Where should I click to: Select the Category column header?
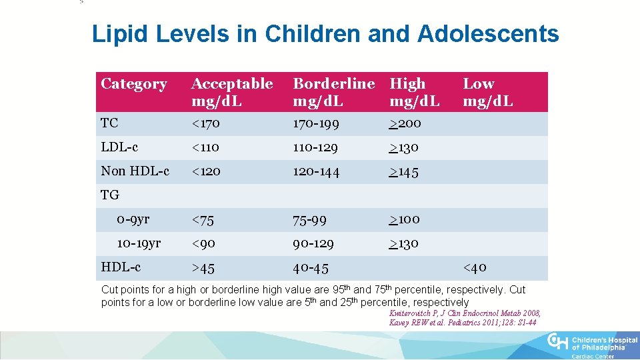point(133,84)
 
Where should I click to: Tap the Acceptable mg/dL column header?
point(232,92)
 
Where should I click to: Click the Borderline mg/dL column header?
point(334,92)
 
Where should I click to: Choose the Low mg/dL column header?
point(488,92)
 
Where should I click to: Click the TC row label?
point(109,123)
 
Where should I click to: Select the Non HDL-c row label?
point(135,171)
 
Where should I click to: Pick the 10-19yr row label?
point(139,243)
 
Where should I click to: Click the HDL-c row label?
point(121,267)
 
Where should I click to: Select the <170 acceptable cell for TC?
point(205,123)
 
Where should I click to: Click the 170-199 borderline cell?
point(316,123)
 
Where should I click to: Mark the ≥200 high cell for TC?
point(405,123)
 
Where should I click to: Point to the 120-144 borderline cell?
point(316,171)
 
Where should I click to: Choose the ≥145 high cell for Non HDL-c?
point(404,171)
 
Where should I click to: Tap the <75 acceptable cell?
point(203,219)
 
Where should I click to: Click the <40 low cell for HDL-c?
point(475,268)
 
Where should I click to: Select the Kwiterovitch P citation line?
point(465,313)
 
